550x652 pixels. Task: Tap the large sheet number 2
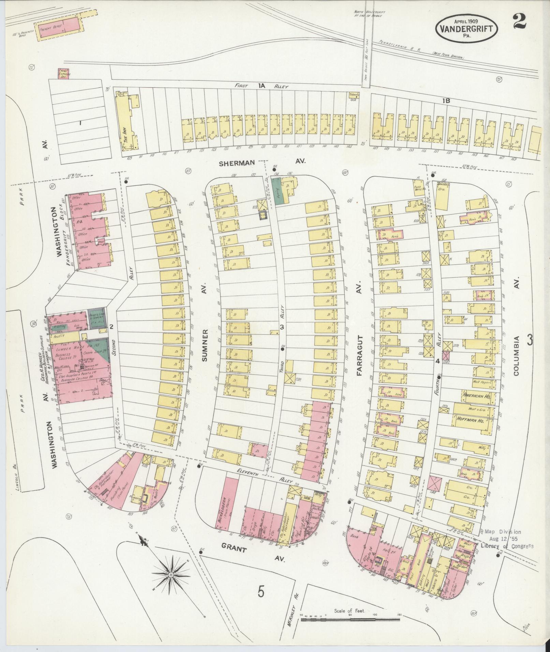coord(519,21)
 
